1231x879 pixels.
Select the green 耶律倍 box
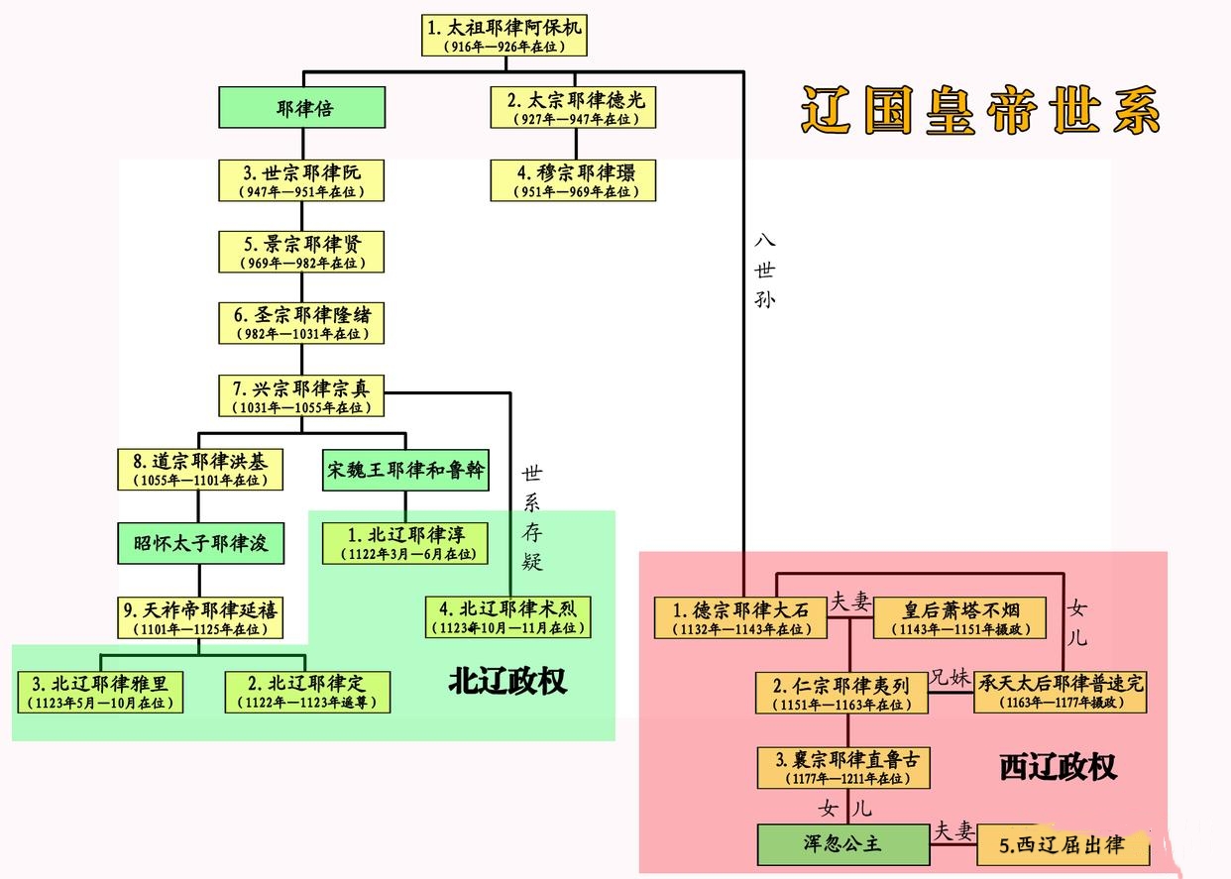tap(301, 108)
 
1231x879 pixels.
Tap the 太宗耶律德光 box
tap(575, 108)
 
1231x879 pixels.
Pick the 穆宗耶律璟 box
tap(575, 180)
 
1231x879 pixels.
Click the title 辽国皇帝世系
tap(980, 109)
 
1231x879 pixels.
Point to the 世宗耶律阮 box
tap(301, 180)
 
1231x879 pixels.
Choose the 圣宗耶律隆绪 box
tap(301, 323)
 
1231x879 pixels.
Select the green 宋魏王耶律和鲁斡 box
tap(405, 471)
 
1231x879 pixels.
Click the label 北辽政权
tap(506, 682)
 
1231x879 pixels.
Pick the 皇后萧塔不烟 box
tap(959, 617)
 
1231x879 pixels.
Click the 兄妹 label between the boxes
tap(950, 680)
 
